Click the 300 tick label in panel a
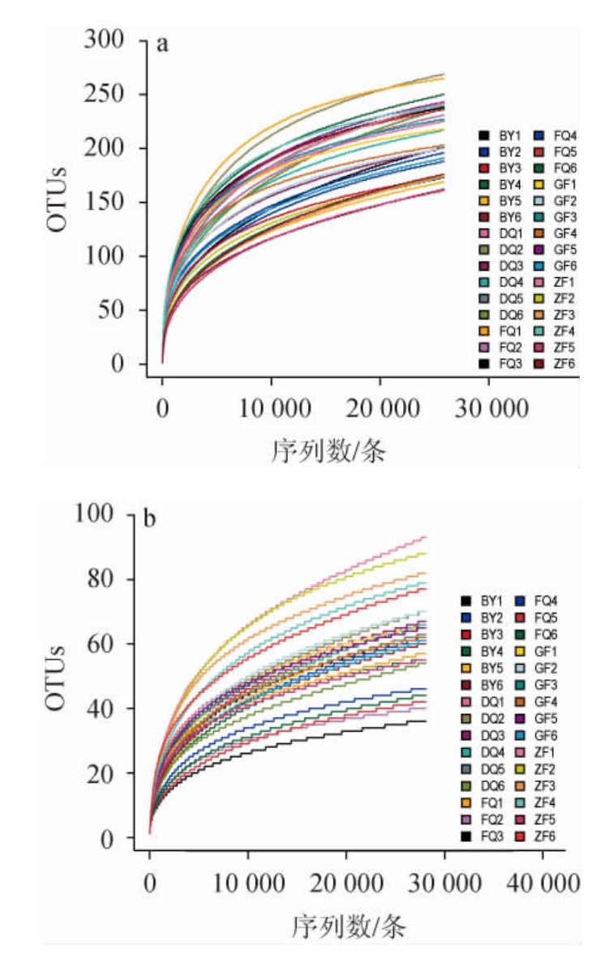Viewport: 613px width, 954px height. (106, 40)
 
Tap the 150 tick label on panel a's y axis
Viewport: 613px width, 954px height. (106, 202)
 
